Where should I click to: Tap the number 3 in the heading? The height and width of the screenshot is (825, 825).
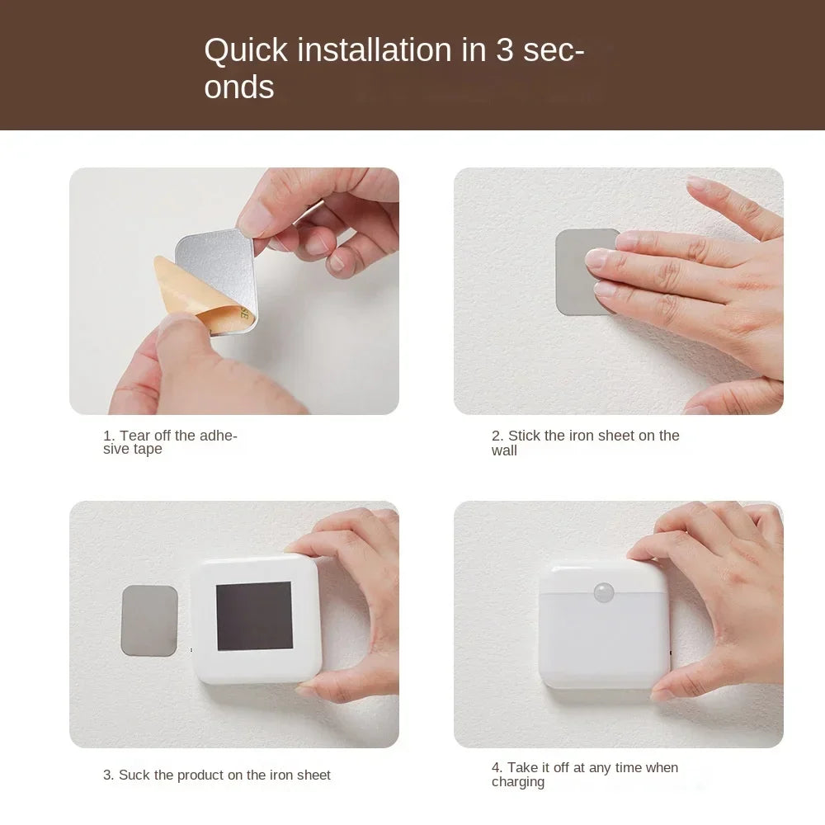pyautogui.click(x=505, y=51)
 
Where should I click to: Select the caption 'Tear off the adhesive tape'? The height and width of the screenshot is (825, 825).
pyautogui.click(x=170, y=442)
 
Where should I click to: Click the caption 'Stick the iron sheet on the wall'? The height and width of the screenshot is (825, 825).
pyautogui.click(x=585, y=442)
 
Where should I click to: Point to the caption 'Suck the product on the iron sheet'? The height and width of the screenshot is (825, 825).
pyautogui.click(x=216, y=775)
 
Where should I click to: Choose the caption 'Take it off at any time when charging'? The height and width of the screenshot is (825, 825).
pyautogui.click(x=584, y=775)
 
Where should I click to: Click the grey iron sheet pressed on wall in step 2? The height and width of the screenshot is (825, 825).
pyautogui.click(x=577, y=272)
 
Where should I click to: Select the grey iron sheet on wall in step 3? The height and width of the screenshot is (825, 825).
pyautogui.click(x=149, y=620)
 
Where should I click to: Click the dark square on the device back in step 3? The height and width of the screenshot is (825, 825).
pyautogui.click(x=254, y=615)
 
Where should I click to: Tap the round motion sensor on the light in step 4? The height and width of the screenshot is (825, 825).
pyautogui.click(x=603, y=592)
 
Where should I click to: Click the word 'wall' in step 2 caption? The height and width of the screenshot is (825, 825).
pyautogui.click(x=504, y=450)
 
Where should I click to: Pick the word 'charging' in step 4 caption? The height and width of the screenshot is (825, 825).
pyautogui.click(x=518, y=782)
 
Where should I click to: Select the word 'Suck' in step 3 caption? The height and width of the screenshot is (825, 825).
pyautogui.click(x=134, y=775)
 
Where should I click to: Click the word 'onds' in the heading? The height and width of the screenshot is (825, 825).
pyautogui.click(x=239, y=87)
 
